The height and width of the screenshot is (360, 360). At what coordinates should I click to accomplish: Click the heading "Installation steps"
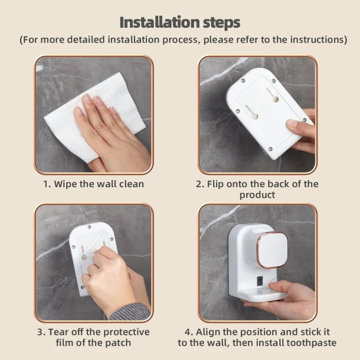coord(180,22)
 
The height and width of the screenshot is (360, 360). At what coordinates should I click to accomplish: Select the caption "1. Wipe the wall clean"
coord(94,184)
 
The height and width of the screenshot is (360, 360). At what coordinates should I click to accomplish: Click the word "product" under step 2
coord(257,195)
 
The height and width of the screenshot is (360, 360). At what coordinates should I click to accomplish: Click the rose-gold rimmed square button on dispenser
coord(272,249)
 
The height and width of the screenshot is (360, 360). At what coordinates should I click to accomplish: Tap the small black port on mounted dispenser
coord(261,282)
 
